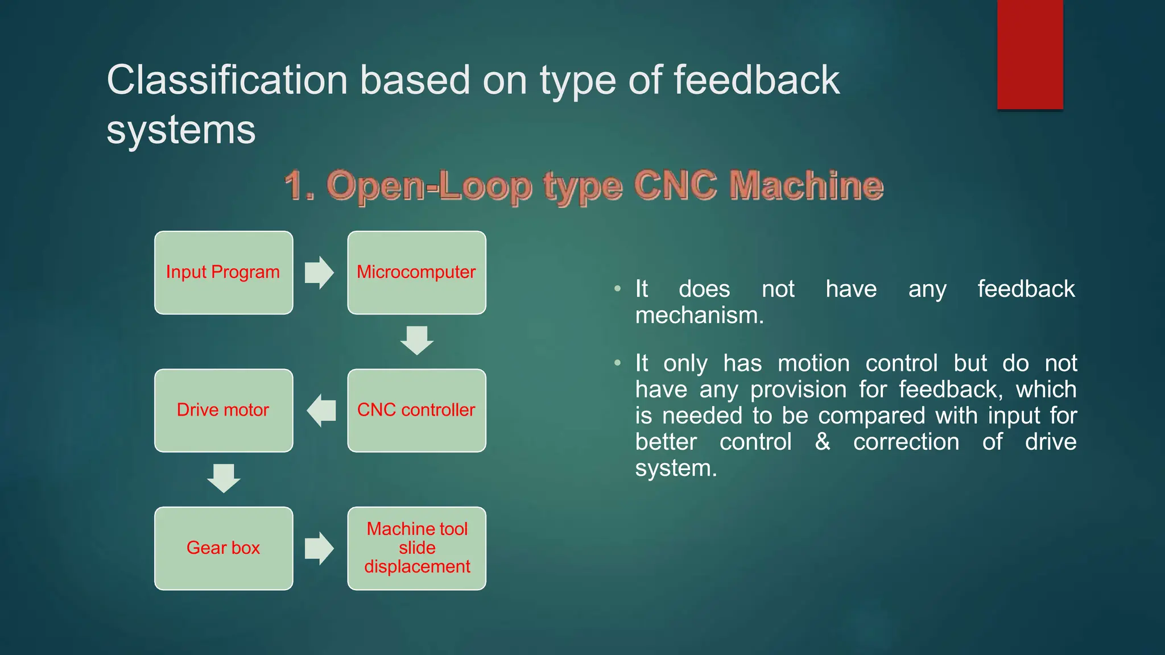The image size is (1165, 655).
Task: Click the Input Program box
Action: click(224, 273)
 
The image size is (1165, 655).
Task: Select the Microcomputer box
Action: click(416, 273)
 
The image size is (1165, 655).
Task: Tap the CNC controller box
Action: click(416, 411)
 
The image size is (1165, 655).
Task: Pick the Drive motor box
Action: click(224, 411)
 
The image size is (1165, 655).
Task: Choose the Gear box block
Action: click(224, 548)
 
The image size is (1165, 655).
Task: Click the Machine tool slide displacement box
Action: click(416, 548)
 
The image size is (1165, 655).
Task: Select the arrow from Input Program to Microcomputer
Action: click(319, 273)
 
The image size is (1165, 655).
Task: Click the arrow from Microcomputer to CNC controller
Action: click(417, 340)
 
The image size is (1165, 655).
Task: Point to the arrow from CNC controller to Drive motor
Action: click(321, 411)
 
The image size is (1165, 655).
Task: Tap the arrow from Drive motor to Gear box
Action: click(224, 478)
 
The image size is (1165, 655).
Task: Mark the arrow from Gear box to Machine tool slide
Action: click(319, 548)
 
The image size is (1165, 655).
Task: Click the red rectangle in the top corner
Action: click(1030, 54)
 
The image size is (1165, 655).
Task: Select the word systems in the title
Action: click(181, 130)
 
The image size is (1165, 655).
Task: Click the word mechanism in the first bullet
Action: click(699, 316)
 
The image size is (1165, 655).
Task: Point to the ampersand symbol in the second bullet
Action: click(823, 442)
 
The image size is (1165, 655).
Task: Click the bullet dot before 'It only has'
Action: click(617, 363)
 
